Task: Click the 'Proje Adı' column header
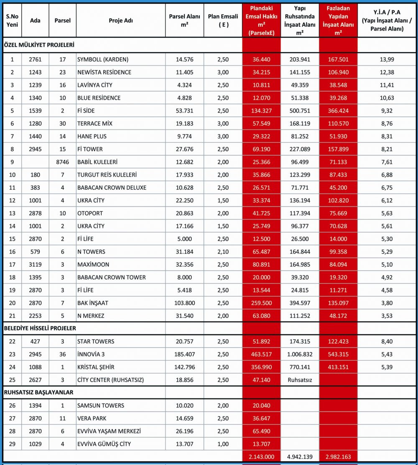click(x=120, y=21)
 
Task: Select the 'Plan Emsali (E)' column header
click(x=223, y=21)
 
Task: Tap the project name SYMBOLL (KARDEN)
click(x=103, y=59)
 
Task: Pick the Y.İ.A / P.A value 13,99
click(x=387, y=59)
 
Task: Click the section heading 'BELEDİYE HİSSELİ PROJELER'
click(x=40, y=328)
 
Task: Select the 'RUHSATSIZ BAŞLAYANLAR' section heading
click(x=38, y=392)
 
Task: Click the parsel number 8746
click(x=63, y=162)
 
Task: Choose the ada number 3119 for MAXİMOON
click(x=35, y=265)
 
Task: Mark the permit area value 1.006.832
click(x=299, y=354)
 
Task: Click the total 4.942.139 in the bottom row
click(x=299, y=457)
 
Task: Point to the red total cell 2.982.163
click(x=338, y=457)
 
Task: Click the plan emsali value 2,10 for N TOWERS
click(x=223, y=252)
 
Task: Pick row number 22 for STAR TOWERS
click(x=12, y=342)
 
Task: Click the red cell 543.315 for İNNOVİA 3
click(x=338, y=354)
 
